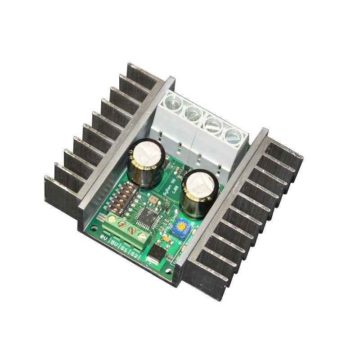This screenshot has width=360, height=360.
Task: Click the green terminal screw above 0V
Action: pos(111,220)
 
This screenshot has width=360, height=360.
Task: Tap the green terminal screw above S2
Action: pos(142,235)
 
